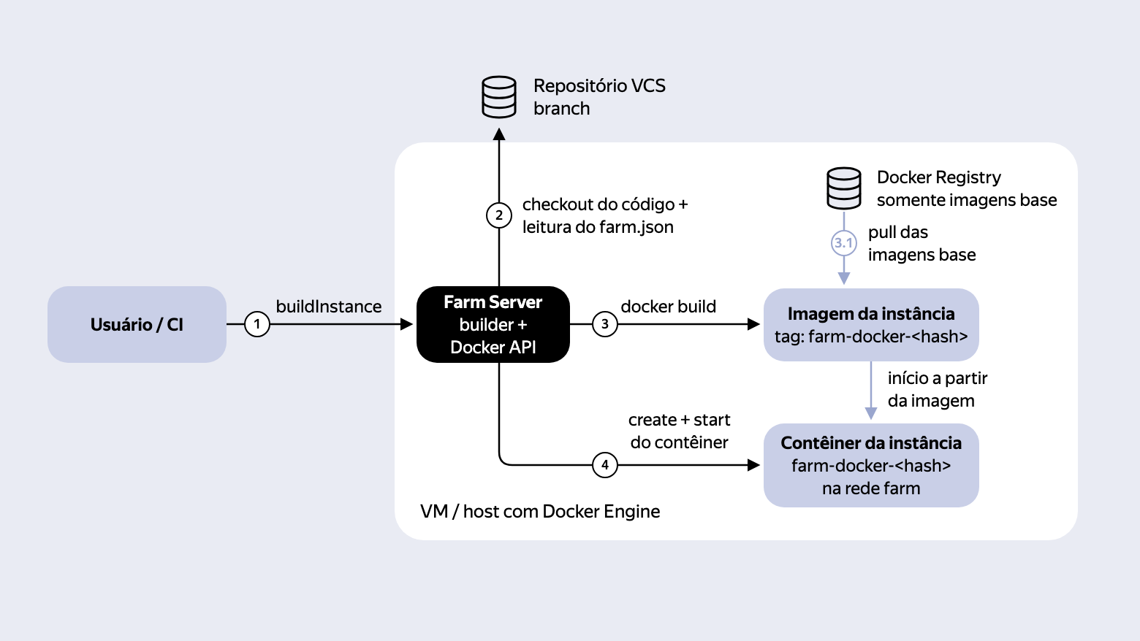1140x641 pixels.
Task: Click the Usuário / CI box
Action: [x=137, y=324]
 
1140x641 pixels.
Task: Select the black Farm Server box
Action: [x=493, y=324]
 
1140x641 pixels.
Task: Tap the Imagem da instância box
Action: [x=871, y=325]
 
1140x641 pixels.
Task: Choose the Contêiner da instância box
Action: [x=871, y=465]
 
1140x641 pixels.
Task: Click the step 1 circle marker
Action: [x=257, y=324]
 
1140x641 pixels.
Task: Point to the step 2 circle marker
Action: [x=498, y=215]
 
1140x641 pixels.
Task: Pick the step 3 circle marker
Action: [x=604, y=324]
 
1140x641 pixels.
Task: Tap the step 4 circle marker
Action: [x=604, y=465]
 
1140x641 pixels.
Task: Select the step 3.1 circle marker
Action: [x=844, y=243]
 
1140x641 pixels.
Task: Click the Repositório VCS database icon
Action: [x=498, y=97]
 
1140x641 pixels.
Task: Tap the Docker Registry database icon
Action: [x=844, y=188]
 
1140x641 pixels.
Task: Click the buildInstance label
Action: [x=329, y=307]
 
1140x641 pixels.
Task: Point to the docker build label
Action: [x=668, y=307]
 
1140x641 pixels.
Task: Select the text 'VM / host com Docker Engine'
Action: [x=540, y=511]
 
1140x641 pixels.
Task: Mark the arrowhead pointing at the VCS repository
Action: [x=498, y=134]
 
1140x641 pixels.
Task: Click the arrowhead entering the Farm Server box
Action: [x=406, y=324]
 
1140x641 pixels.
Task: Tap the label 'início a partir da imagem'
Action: [x=938, y=389]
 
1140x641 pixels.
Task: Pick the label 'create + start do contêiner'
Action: [x=679, y=431]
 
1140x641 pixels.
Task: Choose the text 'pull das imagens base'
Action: [x=921, y=244]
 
